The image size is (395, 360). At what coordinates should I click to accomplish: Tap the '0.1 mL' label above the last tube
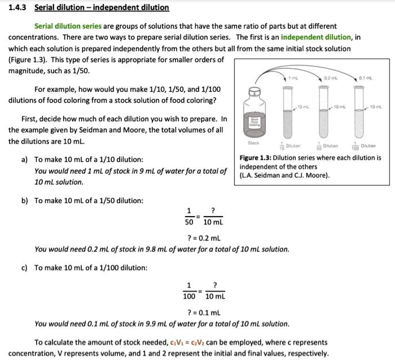pyautogui.click(x=366, y=78)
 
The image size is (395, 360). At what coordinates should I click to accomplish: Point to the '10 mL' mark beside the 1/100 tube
pyautogui.click(x=376, y=107)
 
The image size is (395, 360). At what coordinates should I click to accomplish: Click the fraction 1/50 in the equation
pyautogui.click(x=188, y=216)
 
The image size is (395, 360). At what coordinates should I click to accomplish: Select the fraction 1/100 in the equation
pyautogui.click(x=189, y=290)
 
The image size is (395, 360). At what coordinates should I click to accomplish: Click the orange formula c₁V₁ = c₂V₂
pyautogui.click(x=191, y=343)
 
